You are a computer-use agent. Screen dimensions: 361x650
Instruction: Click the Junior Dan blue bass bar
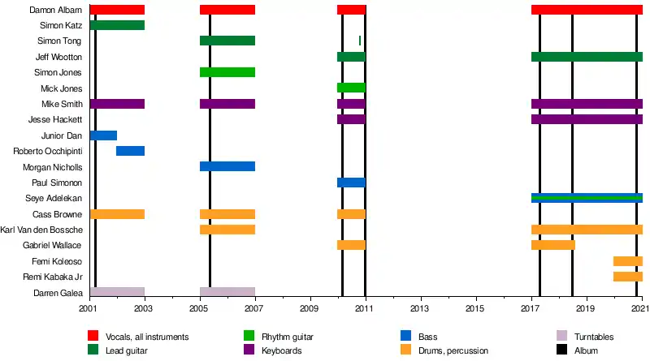[x=103, y=135]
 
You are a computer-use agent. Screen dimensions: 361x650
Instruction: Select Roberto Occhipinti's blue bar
[x=130, y=151]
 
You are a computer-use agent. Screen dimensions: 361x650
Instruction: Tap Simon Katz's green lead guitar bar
[x=117, y=25]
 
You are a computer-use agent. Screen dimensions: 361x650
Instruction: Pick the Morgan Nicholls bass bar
[x=227, y=166]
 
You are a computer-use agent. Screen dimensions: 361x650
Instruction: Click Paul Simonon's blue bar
[x=351, y=183]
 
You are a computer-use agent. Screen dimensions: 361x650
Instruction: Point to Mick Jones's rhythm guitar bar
[x=351, y=88]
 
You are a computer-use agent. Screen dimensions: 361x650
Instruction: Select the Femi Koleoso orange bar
[x=627, y=261]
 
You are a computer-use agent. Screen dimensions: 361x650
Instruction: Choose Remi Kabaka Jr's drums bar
[x=627, y=277]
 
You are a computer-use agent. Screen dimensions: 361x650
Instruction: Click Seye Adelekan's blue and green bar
[x=587, y=198]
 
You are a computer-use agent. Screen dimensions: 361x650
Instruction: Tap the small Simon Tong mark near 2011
[x=360, y=41]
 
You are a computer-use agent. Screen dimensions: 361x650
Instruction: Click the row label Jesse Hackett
[x=59, y=119]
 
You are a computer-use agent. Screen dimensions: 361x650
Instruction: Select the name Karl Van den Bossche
[x=42, y=230]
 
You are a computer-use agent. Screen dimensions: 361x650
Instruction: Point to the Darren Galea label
[x=57, y=293]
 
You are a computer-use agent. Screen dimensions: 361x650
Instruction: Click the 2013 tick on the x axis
[x=420, y=302]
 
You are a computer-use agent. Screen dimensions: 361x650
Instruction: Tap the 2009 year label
[x=310, y=309]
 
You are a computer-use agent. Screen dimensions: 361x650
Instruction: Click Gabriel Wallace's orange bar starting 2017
[x=552, y=245]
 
